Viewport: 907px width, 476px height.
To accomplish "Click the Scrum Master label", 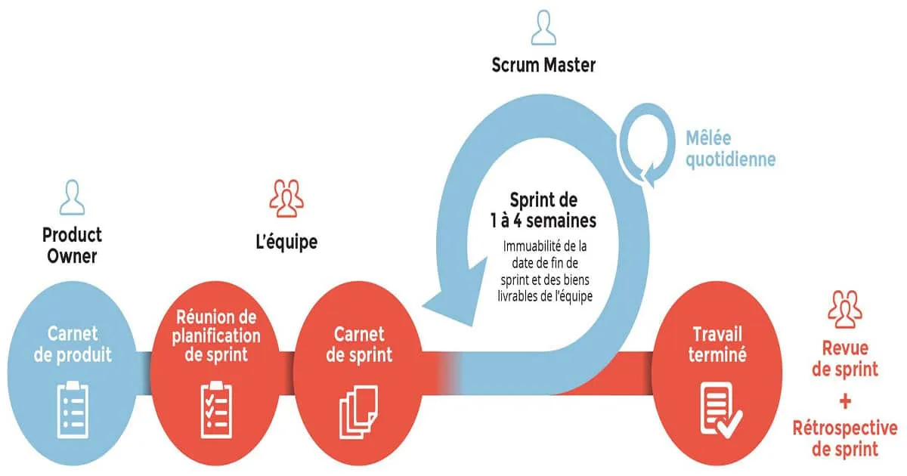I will tap(544, 65).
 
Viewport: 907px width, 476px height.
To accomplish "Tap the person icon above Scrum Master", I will tap(544, 28).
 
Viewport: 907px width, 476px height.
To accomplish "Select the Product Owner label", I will tap(72, 245).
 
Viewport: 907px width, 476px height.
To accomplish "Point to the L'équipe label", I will tap(286, 243).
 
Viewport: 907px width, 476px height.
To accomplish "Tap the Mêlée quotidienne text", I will tap(730, 149).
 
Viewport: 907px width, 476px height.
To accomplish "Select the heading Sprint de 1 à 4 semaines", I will tap(542, 211).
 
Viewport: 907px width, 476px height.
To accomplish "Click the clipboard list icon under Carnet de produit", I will tap(71, 408).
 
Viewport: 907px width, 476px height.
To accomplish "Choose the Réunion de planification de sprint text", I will tap(216, 335).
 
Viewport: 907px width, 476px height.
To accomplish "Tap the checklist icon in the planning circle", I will tap(215, 408).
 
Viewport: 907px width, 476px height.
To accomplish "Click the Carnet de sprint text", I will tap(359, 344).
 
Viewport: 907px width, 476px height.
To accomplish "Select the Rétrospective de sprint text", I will tap(845, 438).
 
